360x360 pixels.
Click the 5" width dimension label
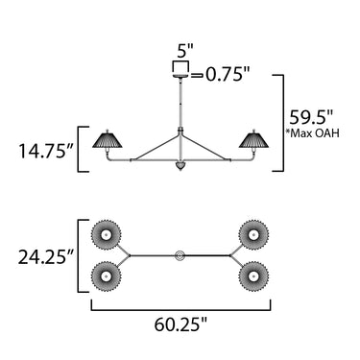(185, 51)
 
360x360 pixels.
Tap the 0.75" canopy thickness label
(227, 75)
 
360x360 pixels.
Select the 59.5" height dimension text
(312, 117)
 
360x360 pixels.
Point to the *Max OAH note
(314, 132)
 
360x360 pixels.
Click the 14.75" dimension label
(46, 151)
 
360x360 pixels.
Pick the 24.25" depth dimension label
(46, 257)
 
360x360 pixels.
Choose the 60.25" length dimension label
(181, 324)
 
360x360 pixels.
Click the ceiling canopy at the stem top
(181, 76)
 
